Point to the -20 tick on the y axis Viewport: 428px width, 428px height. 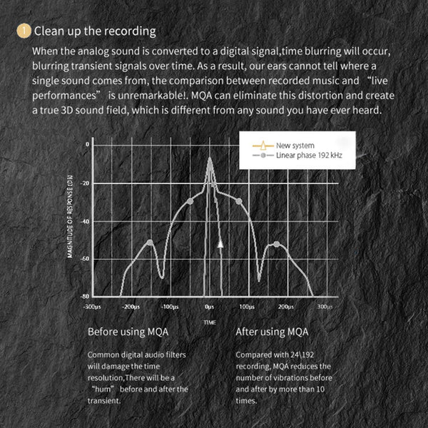[x=86, y=184]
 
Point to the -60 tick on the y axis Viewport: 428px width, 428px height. [x=86, y=259]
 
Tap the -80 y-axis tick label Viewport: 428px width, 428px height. [x=86, y=296]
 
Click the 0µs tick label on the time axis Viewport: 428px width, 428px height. [x=209, y=306]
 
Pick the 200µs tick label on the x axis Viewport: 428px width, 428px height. [x=284, y=306]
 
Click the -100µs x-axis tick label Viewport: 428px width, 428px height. [x=169, y=306]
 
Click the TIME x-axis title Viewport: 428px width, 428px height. [x=209, y=322]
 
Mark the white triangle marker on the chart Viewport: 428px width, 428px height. [x=220, y=244]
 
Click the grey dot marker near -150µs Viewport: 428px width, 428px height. [x=150, y=243]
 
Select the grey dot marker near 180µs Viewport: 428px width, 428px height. [x=277, y=245]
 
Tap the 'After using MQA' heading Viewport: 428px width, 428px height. [x=272, y=332]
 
